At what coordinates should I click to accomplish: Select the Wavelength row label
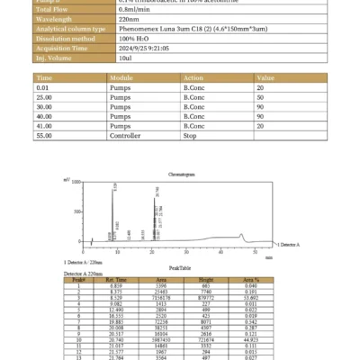click(56, 20)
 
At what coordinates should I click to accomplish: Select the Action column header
click(193, 78)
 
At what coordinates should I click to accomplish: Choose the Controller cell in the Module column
click(127, 138)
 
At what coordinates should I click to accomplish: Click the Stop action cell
click(191, 138)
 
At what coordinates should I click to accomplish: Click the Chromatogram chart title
click(180, 172)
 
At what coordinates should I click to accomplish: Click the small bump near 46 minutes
click(241, 236)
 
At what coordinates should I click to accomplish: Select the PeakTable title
click(180, 267)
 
